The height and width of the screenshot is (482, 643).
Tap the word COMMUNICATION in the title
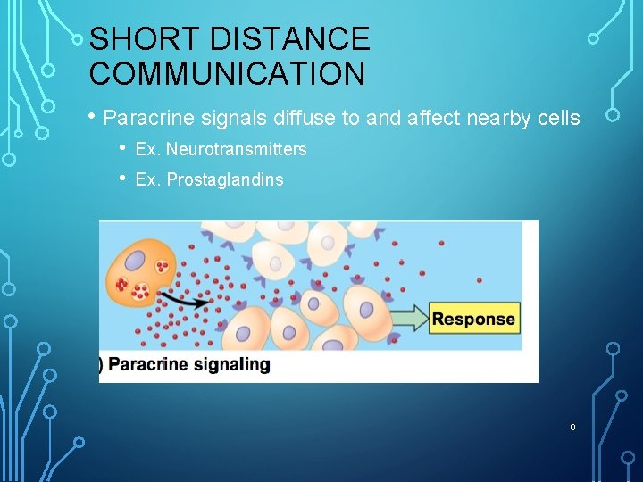(227, 73)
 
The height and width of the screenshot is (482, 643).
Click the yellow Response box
(473, 319)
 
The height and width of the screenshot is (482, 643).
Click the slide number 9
(572, 428)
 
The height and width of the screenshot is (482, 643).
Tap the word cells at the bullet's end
(558, 118)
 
